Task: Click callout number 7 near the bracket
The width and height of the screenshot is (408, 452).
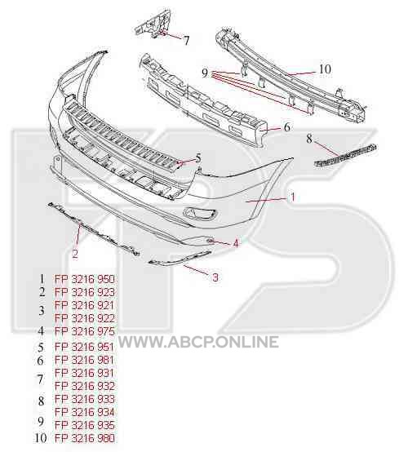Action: [x=186, y=40]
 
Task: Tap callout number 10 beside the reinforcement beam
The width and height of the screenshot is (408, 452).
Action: [x=325, y=69]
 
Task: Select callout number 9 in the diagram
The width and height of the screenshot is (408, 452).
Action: [x=205, y=73]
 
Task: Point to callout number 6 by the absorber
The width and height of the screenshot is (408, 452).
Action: [x=287, y=127]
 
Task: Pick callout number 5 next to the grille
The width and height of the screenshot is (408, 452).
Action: [x=198, y=158]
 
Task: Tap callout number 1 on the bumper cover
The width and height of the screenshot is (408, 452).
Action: [x=293, y=197]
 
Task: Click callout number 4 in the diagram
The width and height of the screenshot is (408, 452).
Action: [x=236, y=244]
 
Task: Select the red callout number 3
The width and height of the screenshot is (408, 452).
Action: [x=215, y=277]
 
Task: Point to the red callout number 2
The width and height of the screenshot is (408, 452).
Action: [x=75, y=254]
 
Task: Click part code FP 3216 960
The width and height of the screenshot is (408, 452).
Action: [x=85, y=279]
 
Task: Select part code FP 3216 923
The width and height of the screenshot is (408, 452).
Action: [x=85, y=292]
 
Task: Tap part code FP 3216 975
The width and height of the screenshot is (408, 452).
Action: [x=85, y=331]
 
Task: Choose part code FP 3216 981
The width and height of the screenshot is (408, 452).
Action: [x=84, y=360]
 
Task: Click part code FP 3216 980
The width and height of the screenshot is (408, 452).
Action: [x=85, y=438]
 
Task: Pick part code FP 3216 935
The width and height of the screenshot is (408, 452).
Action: [x=85, y=425]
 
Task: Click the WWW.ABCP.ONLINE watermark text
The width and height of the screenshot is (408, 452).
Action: [x=198, y=342]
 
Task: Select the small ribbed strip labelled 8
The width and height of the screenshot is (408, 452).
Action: [x=345, y=155]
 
